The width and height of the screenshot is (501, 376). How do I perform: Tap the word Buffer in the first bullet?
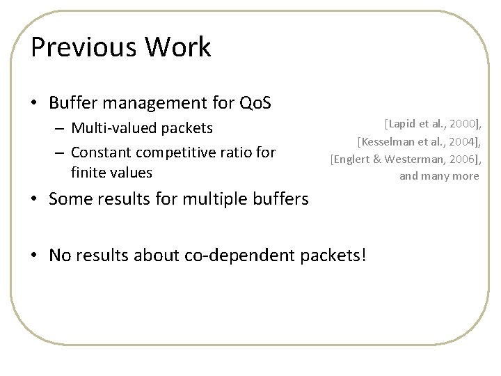pos(72,103)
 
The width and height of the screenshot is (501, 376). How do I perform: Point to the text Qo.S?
pos(253,103)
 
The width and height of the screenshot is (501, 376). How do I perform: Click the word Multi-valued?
pos(115,129)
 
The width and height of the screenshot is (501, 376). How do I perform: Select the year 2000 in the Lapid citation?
pos(463,125)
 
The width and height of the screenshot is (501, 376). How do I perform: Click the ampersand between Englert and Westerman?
pos(380,159)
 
